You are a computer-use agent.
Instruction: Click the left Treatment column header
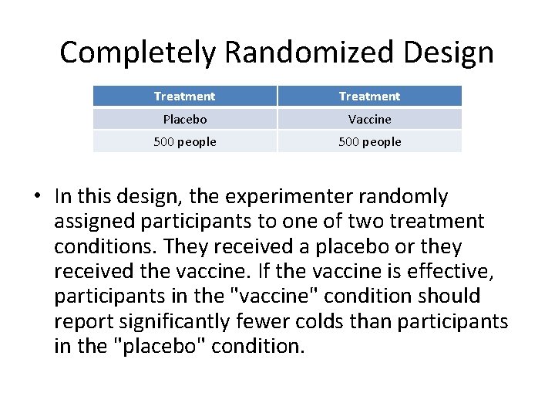[184, 97]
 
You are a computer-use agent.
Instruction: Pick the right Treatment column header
[369, 97]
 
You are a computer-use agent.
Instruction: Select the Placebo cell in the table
[184, 120]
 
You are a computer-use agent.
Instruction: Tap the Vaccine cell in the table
[369, 120]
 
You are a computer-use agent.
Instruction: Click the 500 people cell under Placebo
[184, 142]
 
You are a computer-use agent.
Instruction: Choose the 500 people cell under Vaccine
[369, 142]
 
